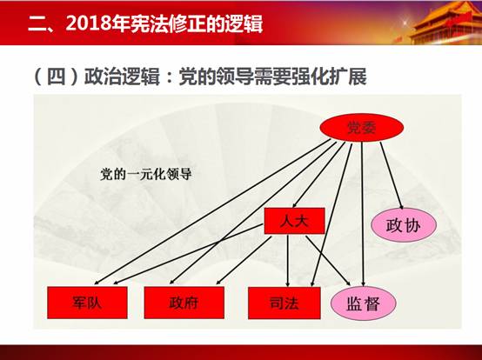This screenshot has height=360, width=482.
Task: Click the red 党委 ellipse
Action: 362,128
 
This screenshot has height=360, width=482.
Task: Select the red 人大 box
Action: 294,221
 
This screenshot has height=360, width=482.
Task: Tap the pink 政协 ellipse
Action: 404,225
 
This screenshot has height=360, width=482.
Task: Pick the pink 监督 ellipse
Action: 364,303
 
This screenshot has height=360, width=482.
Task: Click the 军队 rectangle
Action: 87,303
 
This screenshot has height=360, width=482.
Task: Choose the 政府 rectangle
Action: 184,303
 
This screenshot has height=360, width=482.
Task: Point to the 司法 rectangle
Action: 285,303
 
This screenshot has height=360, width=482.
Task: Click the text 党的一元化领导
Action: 146,174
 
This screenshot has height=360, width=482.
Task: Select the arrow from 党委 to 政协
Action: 392,176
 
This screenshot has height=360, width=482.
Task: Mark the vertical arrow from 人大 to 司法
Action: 288,261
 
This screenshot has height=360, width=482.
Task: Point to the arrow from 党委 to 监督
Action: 363,214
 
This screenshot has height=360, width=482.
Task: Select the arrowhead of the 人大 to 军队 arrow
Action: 117,282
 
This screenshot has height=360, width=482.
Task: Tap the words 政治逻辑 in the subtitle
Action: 122,77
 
